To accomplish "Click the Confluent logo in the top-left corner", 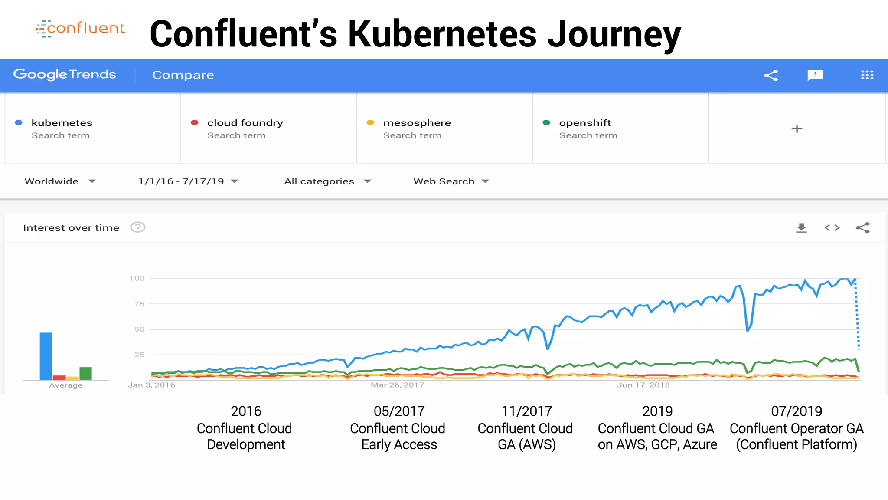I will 80,29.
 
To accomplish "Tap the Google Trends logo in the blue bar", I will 65,75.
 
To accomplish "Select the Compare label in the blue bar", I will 183,75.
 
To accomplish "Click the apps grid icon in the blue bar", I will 867,75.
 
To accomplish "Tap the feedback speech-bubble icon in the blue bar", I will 815,75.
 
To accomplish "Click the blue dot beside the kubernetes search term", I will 19,123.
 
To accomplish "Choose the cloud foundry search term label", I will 245,123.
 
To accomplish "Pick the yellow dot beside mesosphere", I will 370,123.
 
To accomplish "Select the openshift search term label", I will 585,123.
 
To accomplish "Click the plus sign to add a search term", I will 797,129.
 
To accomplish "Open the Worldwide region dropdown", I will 60,181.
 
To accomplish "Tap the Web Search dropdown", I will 451,181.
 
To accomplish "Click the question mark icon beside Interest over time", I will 138,227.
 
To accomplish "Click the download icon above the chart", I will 801,228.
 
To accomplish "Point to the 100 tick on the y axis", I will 137,279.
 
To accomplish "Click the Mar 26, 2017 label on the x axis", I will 397,385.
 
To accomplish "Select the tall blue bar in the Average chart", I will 46,356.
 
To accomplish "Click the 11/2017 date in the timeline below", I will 527,411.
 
